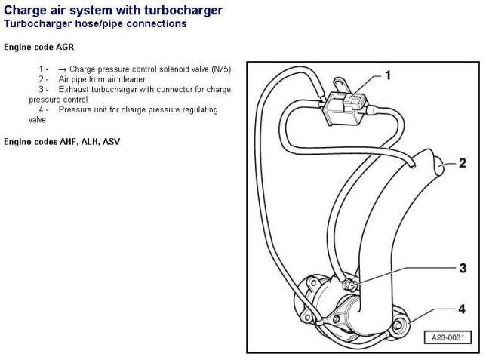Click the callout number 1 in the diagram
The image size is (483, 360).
coord(387,75)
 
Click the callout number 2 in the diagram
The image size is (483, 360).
coord(462,162)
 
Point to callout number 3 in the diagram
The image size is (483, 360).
coord(462,268)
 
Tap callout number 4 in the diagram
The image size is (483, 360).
coord(462,309)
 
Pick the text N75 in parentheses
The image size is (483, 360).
coord(219,69)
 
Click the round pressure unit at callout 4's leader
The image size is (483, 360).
coord(399,327)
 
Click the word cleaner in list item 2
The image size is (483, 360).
coord(150,78)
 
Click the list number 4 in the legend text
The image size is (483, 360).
coord(42,109)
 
